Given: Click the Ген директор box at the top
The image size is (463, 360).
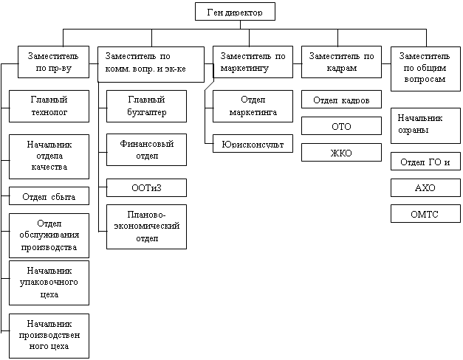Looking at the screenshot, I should [x=235, y=11].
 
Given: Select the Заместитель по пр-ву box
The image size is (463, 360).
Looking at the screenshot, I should [x=49, y=62].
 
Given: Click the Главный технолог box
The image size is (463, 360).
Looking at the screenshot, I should [x=49, y=105].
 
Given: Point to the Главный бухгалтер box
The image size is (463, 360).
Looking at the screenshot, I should [x=145, y=105].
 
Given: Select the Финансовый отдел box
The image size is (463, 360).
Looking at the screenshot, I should [x=145, y=149].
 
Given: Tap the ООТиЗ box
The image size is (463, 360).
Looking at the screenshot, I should [x=145, y=187].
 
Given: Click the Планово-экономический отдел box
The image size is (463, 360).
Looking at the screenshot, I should [x=145, y=227].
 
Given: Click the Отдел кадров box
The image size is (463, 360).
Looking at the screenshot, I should [x=341, y=100].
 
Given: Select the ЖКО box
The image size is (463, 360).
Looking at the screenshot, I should [x=341, y=153].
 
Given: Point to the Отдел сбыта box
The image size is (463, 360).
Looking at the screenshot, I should [x=49, y=196].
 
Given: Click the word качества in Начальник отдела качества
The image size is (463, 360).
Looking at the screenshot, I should [x=49, y=167].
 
